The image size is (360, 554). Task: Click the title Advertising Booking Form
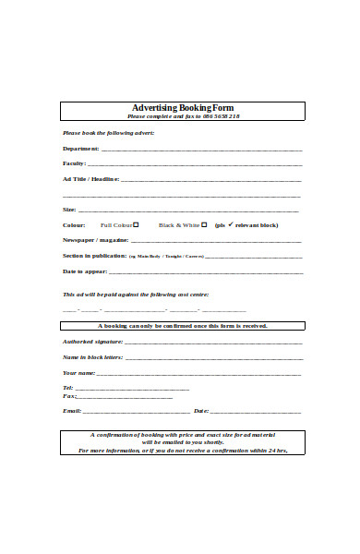pos(183,108)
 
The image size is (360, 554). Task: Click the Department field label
pos(80,149)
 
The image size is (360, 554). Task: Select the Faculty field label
pos(74,163)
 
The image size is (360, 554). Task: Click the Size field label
pos(69,210)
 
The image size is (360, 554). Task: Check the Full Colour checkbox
pos(136,224)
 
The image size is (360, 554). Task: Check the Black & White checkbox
pos(207,224)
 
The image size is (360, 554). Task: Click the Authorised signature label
pos(93,342)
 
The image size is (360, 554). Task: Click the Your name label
pos(78,373)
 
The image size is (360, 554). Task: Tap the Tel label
pos(66,388)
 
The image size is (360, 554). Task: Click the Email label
pos(71,410)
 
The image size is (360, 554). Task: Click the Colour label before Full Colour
pos(74,225)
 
